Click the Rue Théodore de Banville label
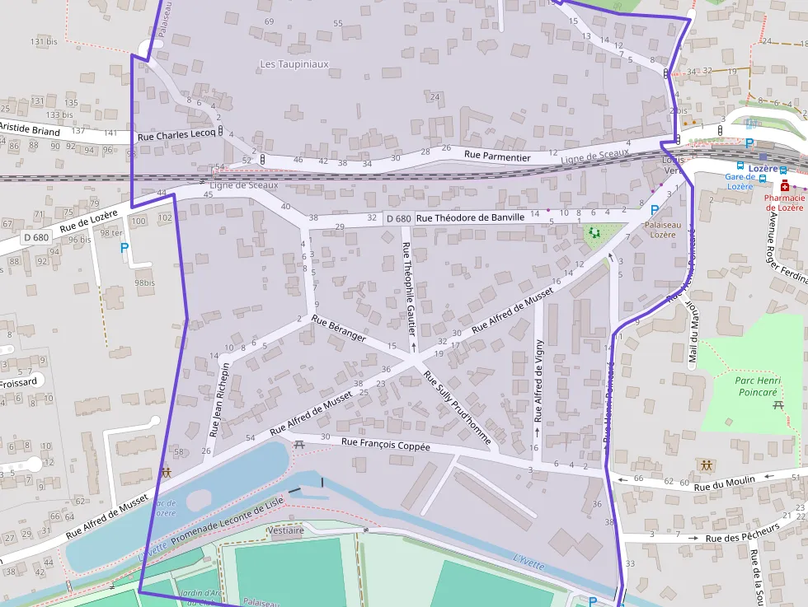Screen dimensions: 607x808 [470, 217]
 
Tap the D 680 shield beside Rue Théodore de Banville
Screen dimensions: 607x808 [398, 218]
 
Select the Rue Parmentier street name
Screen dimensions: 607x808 [496, 155]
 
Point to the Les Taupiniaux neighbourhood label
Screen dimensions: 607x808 [294, 63]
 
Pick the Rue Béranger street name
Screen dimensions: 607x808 [338, 327]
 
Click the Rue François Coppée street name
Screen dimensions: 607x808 [386, 445]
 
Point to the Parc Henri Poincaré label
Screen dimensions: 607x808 [757, 386]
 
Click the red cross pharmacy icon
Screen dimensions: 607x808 [785, 187]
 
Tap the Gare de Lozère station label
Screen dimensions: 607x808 [740, 181]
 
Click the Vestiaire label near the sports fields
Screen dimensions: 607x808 [286, 530]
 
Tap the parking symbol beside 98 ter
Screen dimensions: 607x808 [124, 247]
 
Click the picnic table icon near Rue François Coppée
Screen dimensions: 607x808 [299, 445]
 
